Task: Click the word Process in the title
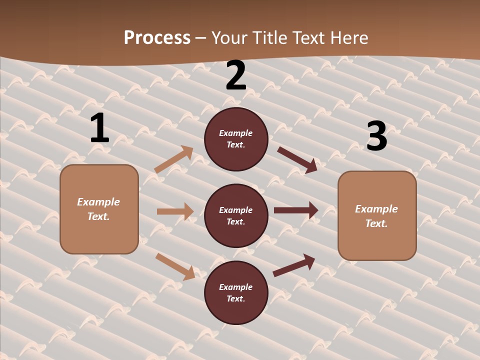(157, 38)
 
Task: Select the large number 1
(99, 128)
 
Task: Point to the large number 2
(236, 75)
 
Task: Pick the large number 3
(376, 136)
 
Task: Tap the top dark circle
(236, 139)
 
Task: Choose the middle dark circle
(236, 215)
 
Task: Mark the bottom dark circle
(236, 292)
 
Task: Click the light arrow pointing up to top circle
(174, 159)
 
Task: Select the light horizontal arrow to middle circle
(175, 211)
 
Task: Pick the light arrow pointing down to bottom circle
(175, 266)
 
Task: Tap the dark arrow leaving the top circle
(297, 159)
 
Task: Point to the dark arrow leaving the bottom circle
(294, 265)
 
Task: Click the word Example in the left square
(98, 202)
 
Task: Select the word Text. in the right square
(376, 223)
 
